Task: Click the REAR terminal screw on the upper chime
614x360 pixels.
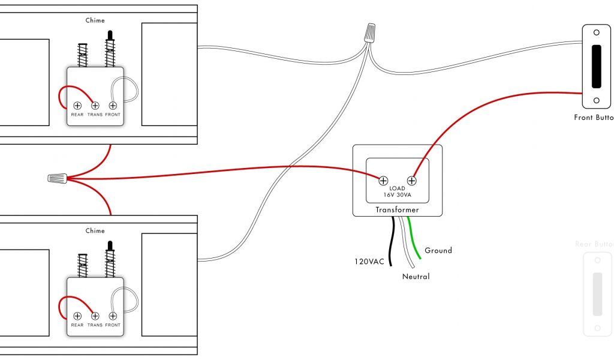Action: pyautogui.click(x=77, y=106)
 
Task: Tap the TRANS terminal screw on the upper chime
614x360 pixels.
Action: pyautogui.click(x=95, y=106)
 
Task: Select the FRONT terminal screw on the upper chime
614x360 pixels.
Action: pyautogui.click(x=112, y=106)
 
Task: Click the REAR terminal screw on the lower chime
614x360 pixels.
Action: pyautogui.click(x=77, y=316)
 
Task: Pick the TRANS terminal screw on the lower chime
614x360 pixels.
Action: pyautogui.click(x=95, y=316)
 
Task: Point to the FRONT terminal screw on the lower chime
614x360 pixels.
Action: pyautogui.click(x=112, y=316)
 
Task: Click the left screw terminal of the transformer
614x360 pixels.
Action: pyautogui.click(x=383, y=179)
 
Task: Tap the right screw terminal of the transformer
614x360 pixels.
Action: pyautogui.click(x=412, y=179)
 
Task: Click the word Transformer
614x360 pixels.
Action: pyautogui.click(x=397, y=210)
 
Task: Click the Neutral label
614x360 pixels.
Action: pyautogui.click(x=416, y=277)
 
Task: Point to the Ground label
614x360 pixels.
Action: pyautogui.click(x=438, y=250)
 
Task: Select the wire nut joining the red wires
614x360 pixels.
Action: pyautogui.click(x=57, y=178)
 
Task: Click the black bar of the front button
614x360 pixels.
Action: pyautogui.click(x=597, y=66)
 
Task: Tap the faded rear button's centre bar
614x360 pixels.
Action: pyautogui.click(x=597, y=294)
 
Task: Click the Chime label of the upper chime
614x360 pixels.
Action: pyautogui.click(x=95, y=20)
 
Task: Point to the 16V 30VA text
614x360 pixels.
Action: pyautogui.click(x=397, y=195)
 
